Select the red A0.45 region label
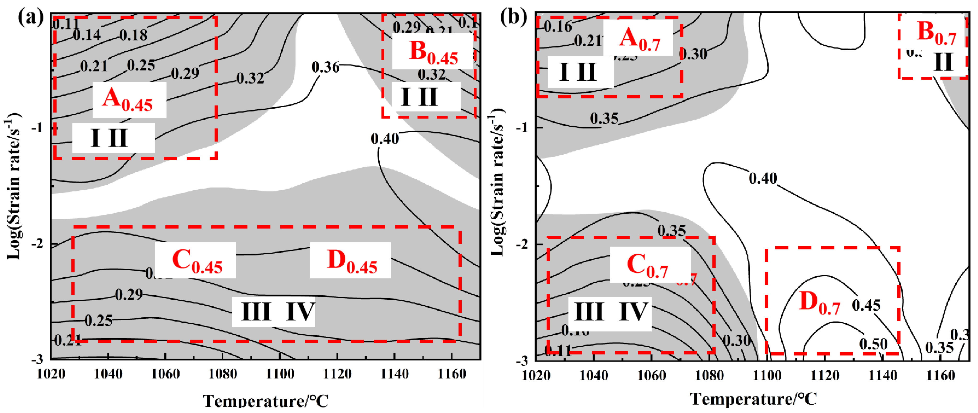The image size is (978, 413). (127, 100)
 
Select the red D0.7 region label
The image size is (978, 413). (820, 303)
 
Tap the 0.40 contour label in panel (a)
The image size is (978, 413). (385, 139)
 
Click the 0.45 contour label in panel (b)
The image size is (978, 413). (866, 305)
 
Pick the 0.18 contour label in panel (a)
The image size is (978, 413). (133, 35)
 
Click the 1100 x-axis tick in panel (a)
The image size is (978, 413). (280, 374)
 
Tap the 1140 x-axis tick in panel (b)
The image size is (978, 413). (883, 376)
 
